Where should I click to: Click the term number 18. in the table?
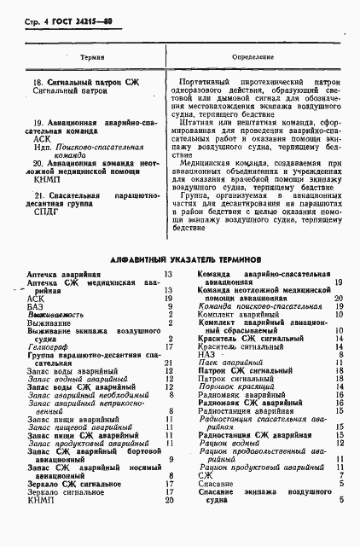pyautogui.click(x=36, y=81)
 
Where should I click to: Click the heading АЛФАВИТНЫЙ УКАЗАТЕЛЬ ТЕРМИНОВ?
pyautogui.click(x=179, y=257)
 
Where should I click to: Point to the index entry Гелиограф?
pyautogui.click(x=47, y=346)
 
